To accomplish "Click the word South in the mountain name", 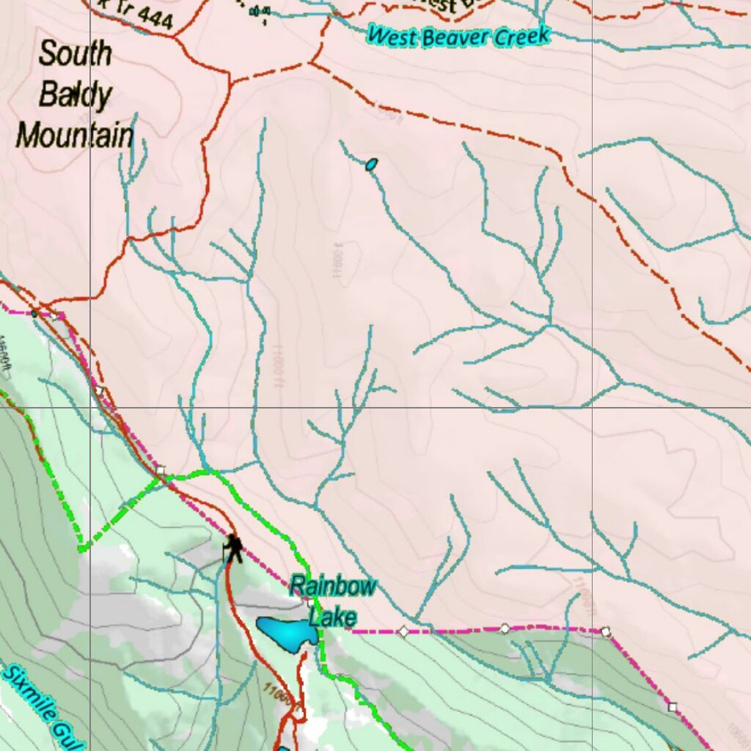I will coord(75,54).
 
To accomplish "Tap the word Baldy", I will coord(75,95).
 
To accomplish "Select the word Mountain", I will coord(75,136).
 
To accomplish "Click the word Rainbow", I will coord(333,586).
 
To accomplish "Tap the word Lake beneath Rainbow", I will coord(332,615).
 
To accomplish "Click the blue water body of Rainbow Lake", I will coord(286,632).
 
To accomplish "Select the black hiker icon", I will coord(233,548).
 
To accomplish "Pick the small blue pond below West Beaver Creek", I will coord(372,164).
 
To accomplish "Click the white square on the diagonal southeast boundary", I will coord(673,707).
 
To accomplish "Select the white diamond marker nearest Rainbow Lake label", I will coord(403,631).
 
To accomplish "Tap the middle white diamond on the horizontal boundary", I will coord(505,628).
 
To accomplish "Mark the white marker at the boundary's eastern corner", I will coord(606,631).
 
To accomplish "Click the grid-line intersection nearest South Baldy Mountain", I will coord(90,407).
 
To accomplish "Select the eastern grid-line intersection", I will coord(593,407).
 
